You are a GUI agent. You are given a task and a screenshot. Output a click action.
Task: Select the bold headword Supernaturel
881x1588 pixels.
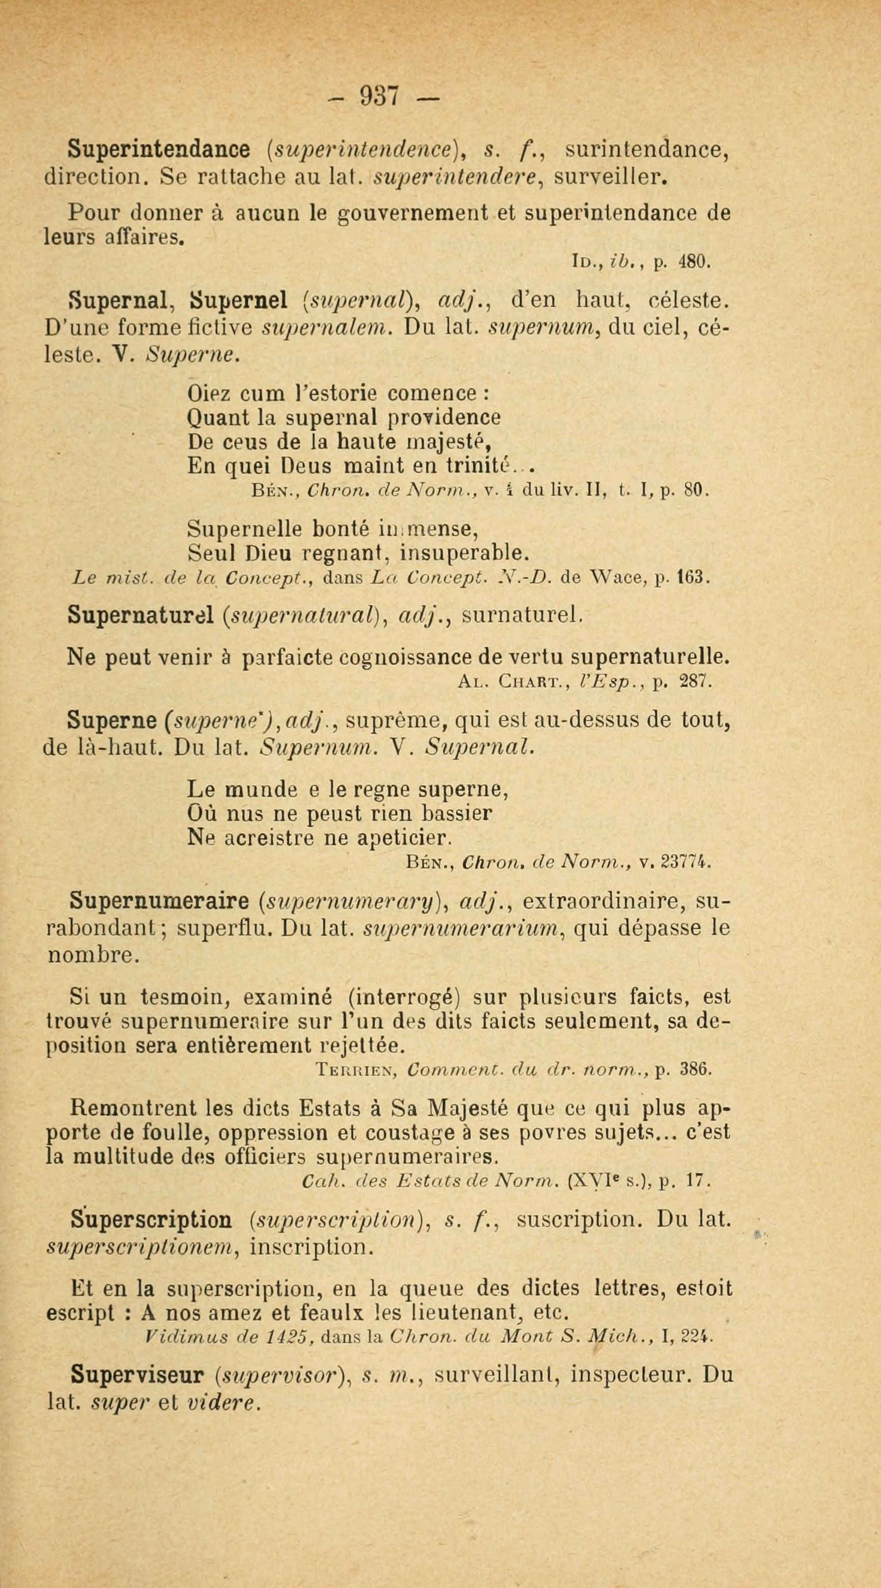pos(141,614)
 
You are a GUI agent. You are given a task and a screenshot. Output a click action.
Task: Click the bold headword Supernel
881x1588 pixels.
pos(240,301)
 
